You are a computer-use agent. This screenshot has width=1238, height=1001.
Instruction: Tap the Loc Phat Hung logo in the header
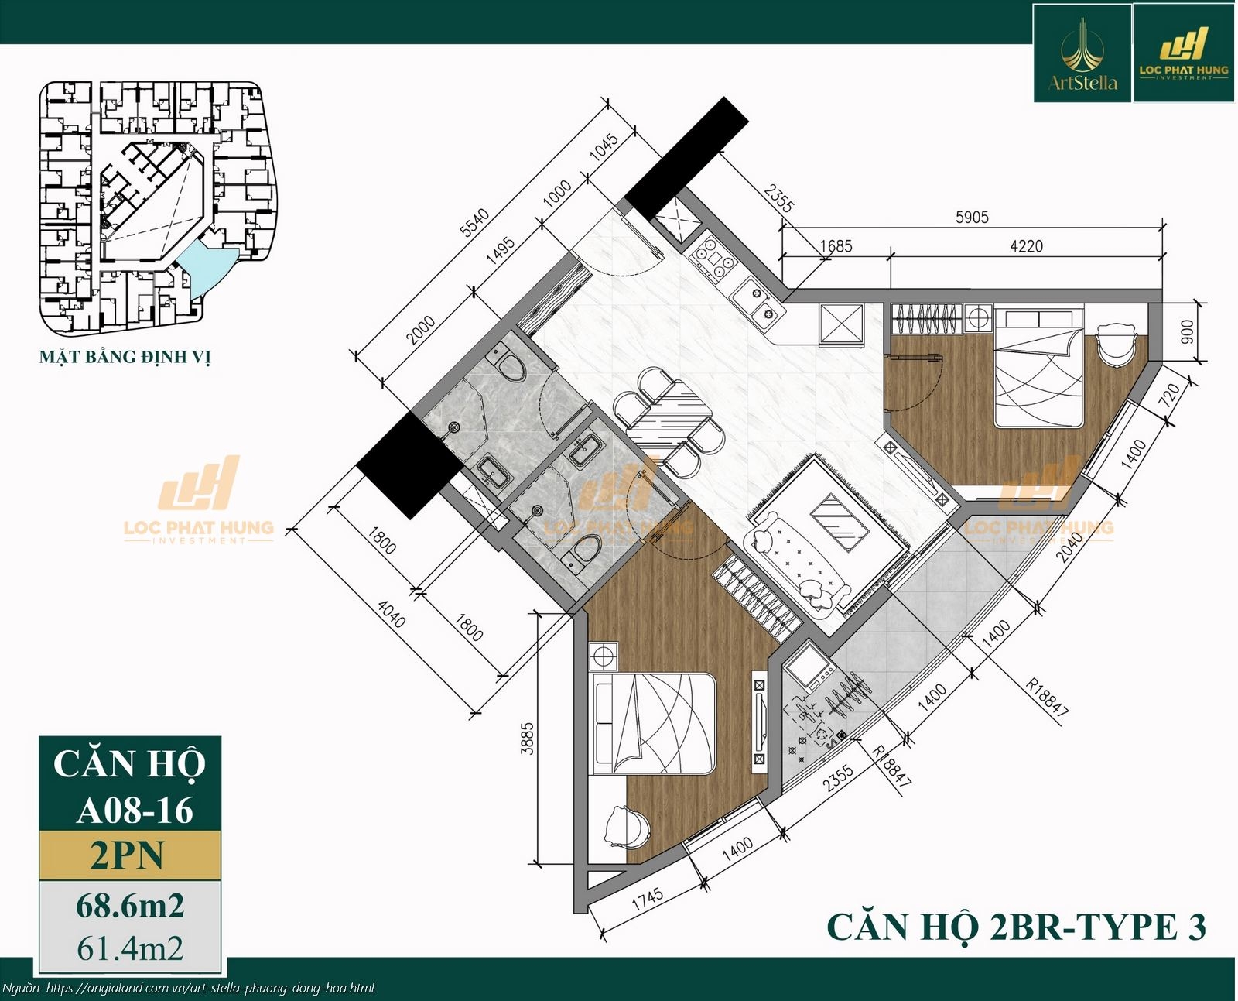coord(1183,54)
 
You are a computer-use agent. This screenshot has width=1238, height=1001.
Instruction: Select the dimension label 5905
coord(972,218)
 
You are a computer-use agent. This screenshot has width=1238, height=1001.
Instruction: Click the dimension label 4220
coord(1026,246)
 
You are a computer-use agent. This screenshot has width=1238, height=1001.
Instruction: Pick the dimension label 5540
coord(474,222)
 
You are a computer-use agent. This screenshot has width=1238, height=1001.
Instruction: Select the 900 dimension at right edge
coord(1187,331)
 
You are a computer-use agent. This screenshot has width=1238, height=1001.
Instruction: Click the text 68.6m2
coord(130,905)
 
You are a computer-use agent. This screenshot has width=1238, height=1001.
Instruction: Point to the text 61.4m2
coord(130,948)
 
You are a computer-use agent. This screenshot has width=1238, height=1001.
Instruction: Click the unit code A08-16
coord(135,810)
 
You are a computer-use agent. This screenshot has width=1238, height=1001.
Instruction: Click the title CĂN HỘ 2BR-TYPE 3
coord(1016,927)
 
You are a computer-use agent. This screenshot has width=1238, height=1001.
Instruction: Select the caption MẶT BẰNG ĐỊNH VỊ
coord(125,357)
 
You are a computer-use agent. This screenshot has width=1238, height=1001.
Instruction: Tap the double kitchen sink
coord(757,302)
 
